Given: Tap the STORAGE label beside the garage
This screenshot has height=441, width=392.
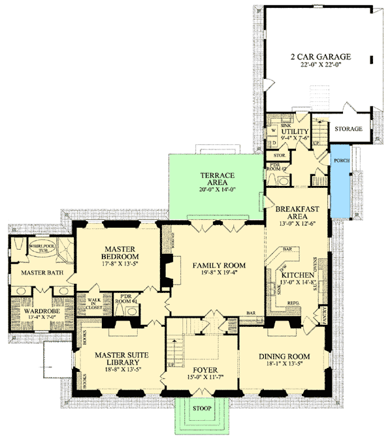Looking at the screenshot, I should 348,129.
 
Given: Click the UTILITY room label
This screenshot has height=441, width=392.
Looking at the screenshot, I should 294,132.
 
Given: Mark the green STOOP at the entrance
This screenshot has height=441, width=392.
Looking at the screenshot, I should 201,409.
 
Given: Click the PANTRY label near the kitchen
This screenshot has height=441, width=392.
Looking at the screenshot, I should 324,316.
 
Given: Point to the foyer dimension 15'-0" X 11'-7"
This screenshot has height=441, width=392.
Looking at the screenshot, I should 202,378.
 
